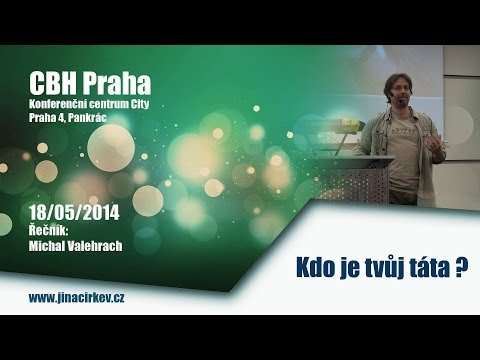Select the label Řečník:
tap(47, 229)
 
